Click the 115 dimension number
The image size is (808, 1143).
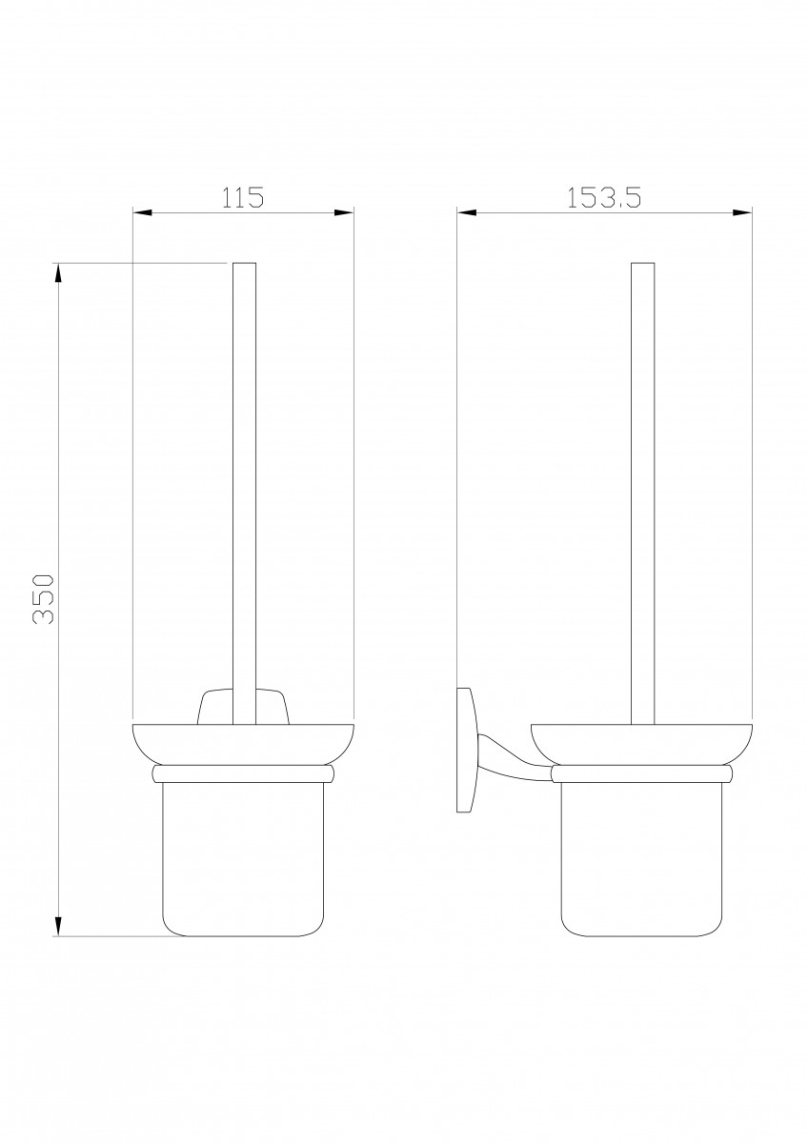(x=242, y=197)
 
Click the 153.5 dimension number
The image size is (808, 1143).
(x=604, y=197)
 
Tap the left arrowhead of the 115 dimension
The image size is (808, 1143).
(x=143, y=212)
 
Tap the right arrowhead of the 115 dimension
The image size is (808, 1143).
(x=344, y=212)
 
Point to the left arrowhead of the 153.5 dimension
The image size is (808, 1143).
(x=467, y=212)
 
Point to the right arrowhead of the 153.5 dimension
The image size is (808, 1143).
(x=742, y=212)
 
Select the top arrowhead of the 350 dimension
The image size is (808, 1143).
(x=59, y=273)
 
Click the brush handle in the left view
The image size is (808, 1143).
(x=244, y=493)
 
